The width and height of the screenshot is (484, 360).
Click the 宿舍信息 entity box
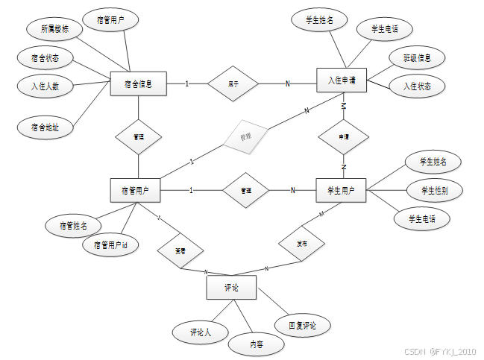pos(138,83)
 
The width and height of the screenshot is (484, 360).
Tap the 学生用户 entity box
pos(341,191)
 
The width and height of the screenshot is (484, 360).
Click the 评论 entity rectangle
pos(231,287)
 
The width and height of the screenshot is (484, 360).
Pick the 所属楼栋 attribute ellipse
pos(54,30)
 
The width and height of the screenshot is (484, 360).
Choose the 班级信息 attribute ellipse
pos(418,57)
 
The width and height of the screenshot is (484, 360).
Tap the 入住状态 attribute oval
pos(418,86)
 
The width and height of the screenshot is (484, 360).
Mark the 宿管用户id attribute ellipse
pos(110,244)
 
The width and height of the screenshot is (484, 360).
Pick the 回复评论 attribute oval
pos(302,325)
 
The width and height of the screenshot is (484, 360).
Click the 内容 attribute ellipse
pos(255,344)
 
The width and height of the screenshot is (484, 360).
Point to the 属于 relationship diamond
pos(233,83)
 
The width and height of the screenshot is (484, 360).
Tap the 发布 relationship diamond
pos(301,243)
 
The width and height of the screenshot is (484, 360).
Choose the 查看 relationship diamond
pos(180,251)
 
